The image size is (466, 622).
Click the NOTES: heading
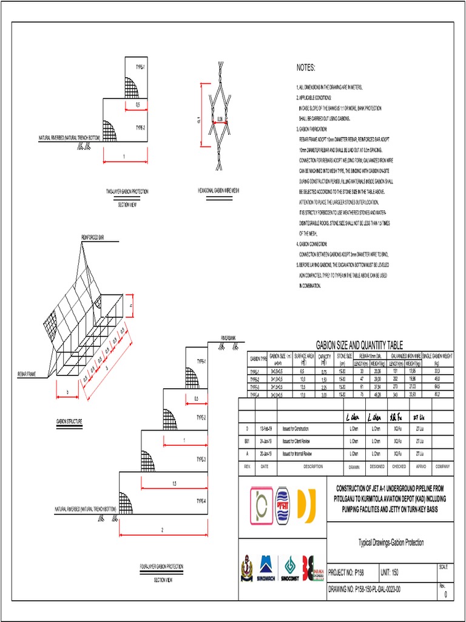pyautogui.click(x=306, y=67)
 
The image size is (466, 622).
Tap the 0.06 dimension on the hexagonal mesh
pyautogui.click(x=220, y=118)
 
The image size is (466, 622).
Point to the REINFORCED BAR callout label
pyautogui.click(x=92, y=238)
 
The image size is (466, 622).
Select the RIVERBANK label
pyautogui.click(x=229, y=336)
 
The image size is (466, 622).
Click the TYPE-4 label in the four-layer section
pyautogui.click(x=201, y=501)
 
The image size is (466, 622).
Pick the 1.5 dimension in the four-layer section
pyautogui.click(x=174, y=484)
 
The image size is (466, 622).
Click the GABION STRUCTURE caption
pyautogui.click(x=70, y=420)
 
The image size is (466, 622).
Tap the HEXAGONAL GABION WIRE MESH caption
pyautogui.click(x=218, y=191)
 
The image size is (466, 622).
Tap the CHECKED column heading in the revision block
pyautogui.click(x=399, y=466)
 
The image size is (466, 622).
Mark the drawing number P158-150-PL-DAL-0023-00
pyautogui.click(x=364, y=589)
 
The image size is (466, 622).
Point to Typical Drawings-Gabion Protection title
pyautogui.click(x=391, y=542)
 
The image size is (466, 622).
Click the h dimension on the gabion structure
pyautogui.click(x=131, y=306)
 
